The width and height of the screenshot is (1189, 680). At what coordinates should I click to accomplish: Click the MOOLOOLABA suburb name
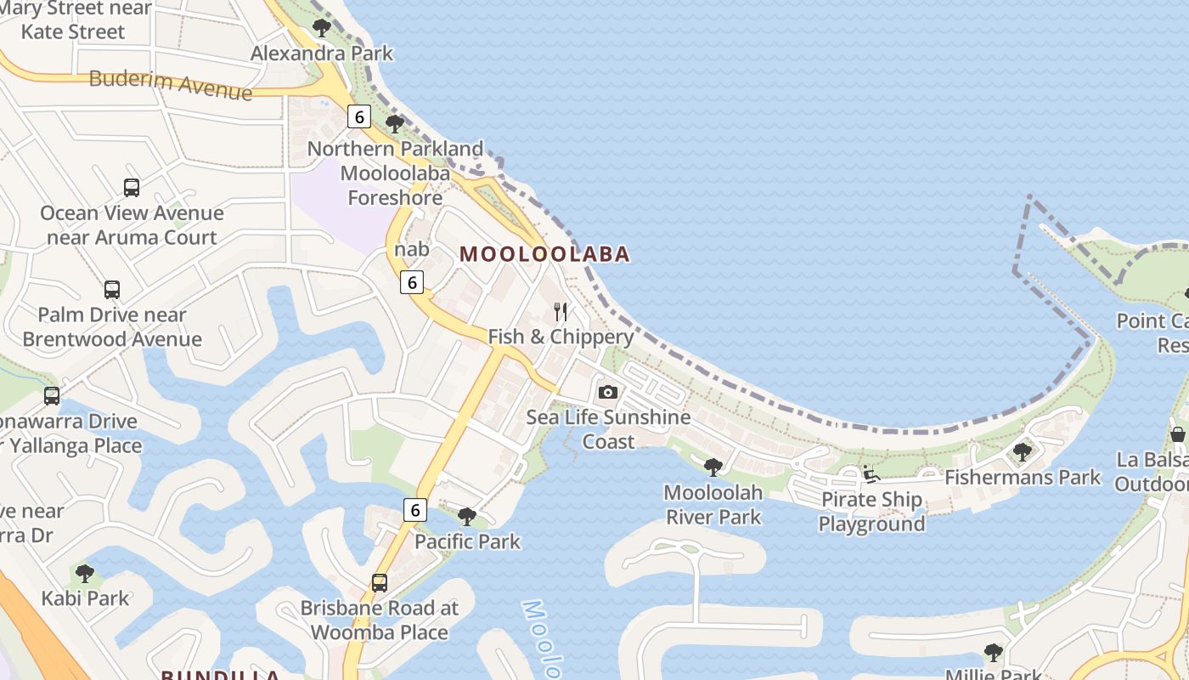544,254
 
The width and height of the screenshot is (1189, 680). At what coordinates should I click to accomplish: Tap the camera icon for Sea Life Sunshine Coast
607,392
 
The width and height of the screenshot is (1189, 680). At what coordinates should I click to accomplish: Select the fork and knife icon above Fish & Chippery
560,312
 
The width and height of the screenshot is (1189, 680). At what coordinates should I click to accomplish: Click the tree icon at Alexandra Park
322,28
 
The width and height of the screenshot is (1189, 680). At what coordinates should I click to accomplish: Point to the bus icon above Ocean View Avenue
132,188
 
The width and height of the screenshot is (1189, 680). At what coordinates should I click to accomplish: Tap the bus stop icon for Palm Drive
112,290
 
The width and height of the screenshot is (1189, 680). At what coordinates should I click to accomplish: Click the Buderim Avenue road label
170,84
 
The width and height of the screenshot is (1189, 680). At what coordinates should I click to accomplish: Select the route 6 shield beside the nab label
412,282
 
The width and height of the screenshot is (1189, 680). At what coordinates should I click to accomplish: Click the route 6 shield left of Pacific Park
414,510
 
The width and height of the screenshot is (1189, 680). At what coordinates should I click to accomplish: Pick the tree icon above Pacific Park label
466,516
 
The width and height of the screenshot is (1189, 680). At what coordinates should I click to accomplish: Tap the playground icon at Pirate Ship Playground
871,474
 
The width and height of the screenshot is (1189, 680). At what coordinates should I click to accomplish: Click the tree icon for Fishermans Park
1023,451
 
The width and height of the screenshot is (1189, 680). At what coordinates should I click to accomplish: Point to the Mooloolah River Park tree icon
713,467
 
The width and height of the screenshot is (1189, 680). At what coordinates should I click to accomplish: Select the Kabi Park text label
85,598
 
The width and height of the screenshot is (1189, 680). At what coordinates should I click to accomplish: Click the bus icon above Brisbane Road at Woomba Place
380,583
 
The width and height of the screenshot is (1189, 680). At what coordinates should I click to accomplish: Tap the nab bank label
412,249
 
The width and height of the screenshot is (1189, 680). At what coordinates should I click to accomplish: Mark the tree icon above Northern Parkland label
395,124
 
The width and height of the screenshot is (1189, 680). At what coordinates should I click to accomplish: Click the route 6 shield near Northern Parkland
359,117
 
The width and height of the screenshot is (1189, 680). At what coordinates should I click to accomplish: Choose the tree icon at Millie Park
993,653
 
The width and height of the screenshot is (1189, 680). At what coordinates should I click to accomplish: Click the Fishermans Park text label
1023,478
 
